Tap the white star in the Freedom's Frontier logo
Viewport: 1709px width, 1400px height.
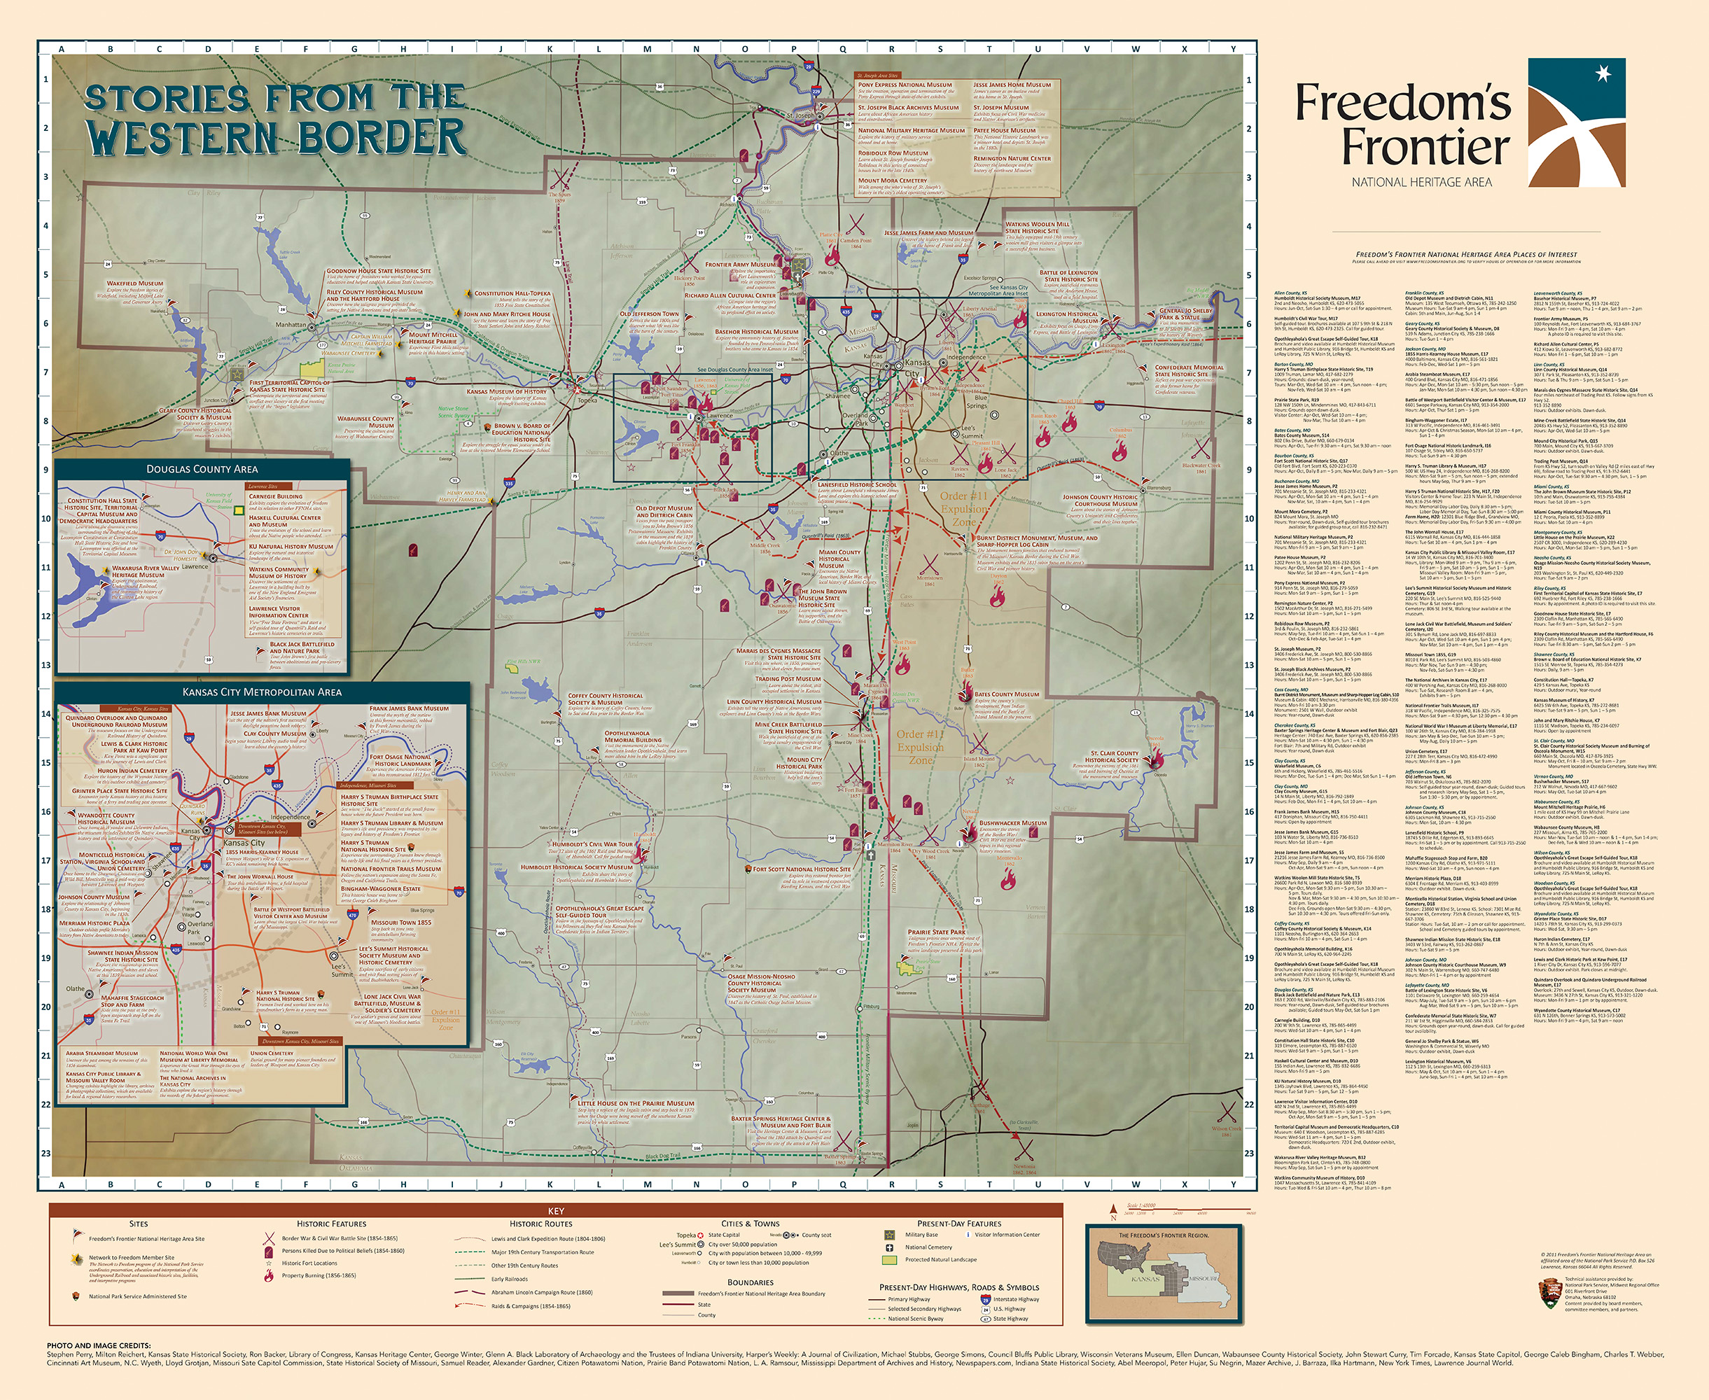point(1603,74)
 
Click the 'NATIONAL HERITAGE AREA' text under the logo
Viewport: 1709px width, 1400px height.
point(1421,182)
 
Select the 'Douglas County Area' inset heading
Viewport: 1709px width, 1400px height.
point(202,468)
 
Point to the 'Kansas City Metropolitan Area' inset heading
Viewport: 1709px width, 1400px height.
point(261,691)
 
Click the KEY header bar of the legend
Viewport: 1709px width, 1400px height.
point(556,1210)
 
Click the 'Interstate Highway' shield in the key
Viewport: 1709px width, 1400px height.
point(985,1299)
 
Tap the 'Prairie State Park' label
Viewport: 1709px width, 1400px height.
point(935,932)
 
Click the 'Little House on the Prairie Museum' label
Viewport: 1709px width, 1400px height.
point(636,1103)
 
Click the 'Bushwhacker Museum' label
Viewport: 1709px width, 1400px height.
point(1012,823)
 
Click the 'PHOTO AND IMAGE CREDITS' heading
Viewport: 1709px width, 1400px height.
point(99,1346)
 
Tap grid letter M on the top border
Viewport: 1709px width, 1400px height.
point(647,48)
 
